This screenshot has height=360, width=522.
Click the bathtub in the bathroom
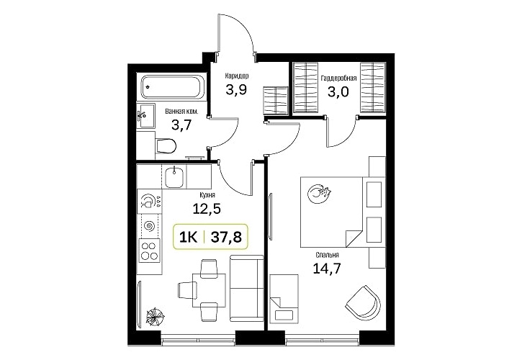tap(171, 87)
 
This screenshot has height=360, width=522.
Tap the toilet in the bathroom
tap(166, 146)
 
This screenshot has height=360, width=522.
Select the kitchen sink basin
tap(174, 176)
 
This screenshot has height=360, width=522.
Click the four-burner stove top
tap(149, 251)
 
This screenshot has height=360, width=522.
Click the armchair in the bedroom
tap(364, 302)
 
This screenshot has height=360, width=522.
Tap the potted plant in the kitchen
tap(155, 316)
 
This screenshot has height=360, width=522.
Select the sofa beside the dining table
tap(247, 289)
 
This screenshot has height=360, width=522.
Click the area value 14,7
tap(327, 268)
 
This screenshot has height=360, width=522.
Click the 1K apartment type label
tap(188, 238)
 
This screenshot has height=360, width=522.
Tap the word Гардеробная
tap(338, 78)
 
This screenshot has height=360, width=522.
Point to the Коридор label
tap(237, 76)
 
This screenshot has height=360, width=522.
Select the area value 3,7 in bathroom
tap(181, 125)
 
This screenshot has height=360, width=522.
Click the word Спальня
tap(328, 255)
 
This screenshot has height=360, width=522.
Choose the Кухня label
tap(207, 194)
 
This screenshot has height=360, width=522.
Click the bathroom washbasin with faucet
tap(146, 115)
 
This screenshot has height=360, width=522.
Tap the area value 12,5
tap(207, 209)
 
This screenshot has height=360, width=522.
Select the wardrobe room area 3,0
tap(338, 91)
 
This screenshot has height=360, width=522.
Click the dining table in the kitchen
tap(209, 290)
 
